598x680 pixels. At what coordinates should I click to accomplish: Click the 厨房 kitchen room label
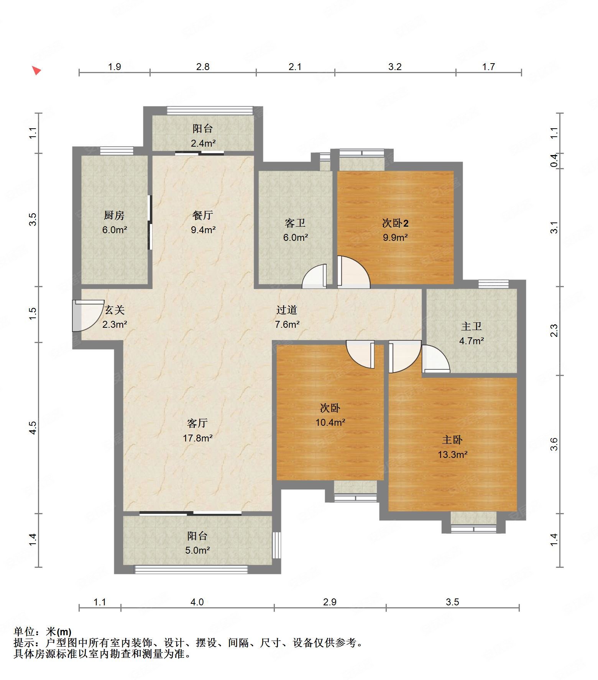click(114, 216)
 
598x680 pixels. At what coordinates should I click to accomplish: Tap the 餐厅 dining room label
click(203, 216)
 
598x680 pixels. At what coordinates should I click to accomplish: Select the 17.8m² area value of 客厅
click(198, 438)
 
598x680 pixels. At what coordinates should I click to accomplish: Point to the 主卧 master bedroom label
click(452, 440)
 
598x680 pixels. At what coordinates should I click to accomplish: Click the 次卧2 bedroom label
click(395, 223)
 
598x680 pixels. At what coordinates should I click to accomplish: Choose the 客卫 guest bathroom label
click(295, 223)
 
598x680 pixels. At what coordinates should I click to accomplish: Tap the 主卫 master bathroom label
click(472, 326)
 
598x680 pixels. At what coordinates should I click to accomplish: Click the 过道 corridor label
click(287, 310)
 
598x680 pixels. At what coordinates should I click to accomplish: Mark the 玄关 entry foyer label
click(115, 310)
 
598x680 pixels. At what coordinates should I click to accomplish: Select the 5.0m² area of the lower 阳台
click(198, 550)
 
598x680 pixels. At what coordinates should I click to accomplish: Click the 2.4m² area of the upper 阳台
click(203, 143)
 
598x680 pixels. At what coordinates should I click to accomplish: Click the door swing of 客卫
click(314, 276)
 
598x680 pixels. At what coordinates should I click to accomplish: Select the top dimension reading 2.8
click(203, 67)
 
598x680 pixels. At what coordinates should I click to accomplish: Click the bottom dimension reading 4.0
click(197, 602)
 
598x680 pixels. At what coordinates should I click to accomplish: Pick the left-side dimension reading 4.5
click(33, 427)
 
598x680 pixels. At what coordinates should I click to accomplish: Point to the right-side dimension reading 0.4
click(554, 160)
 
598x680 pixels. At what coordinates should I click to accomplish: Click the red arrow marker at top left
click(36, 70)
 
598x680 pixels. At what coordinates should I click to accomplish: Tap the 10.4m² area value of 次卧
click(330, 423)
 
